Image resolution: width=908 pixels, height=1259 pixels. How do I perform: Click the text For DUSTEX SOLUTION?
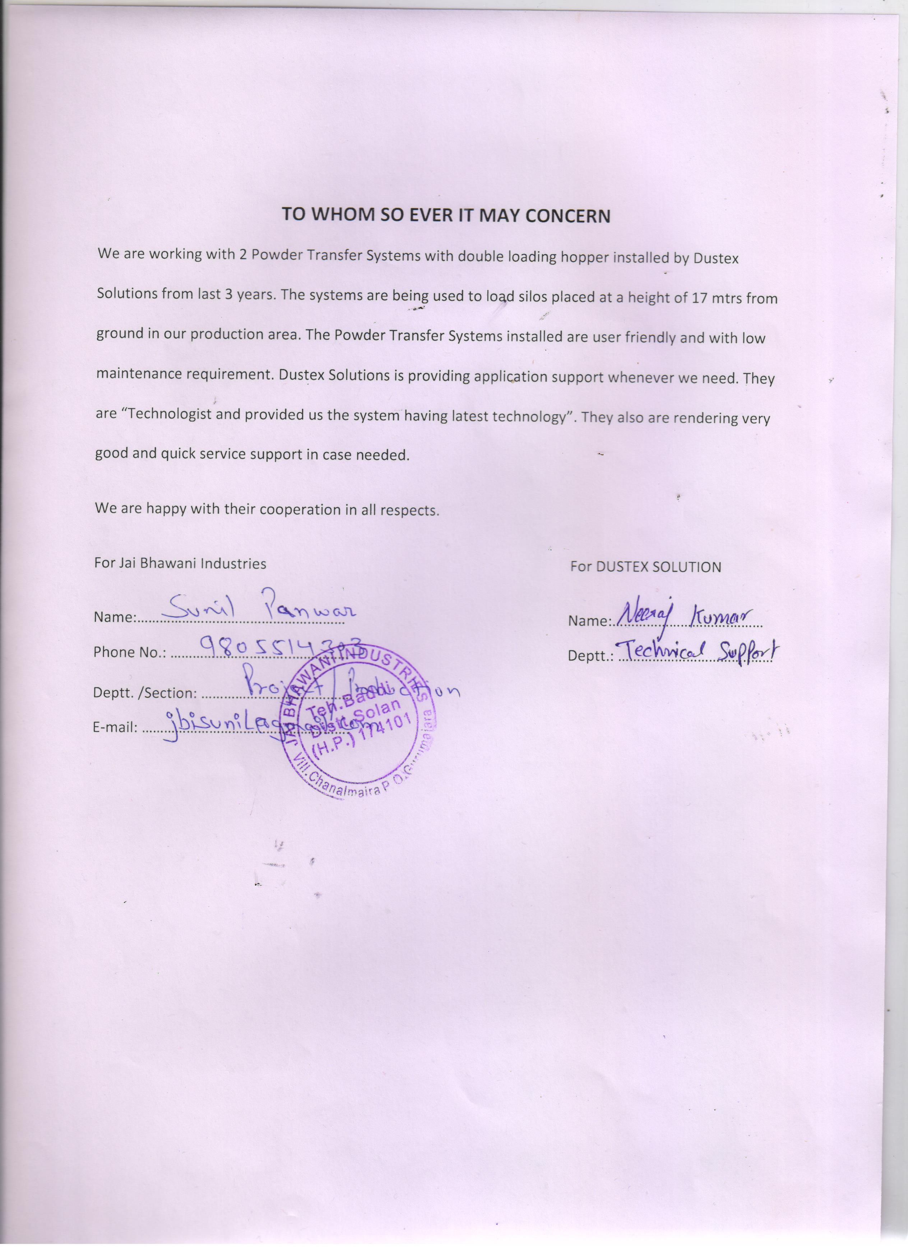(645, 567)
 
